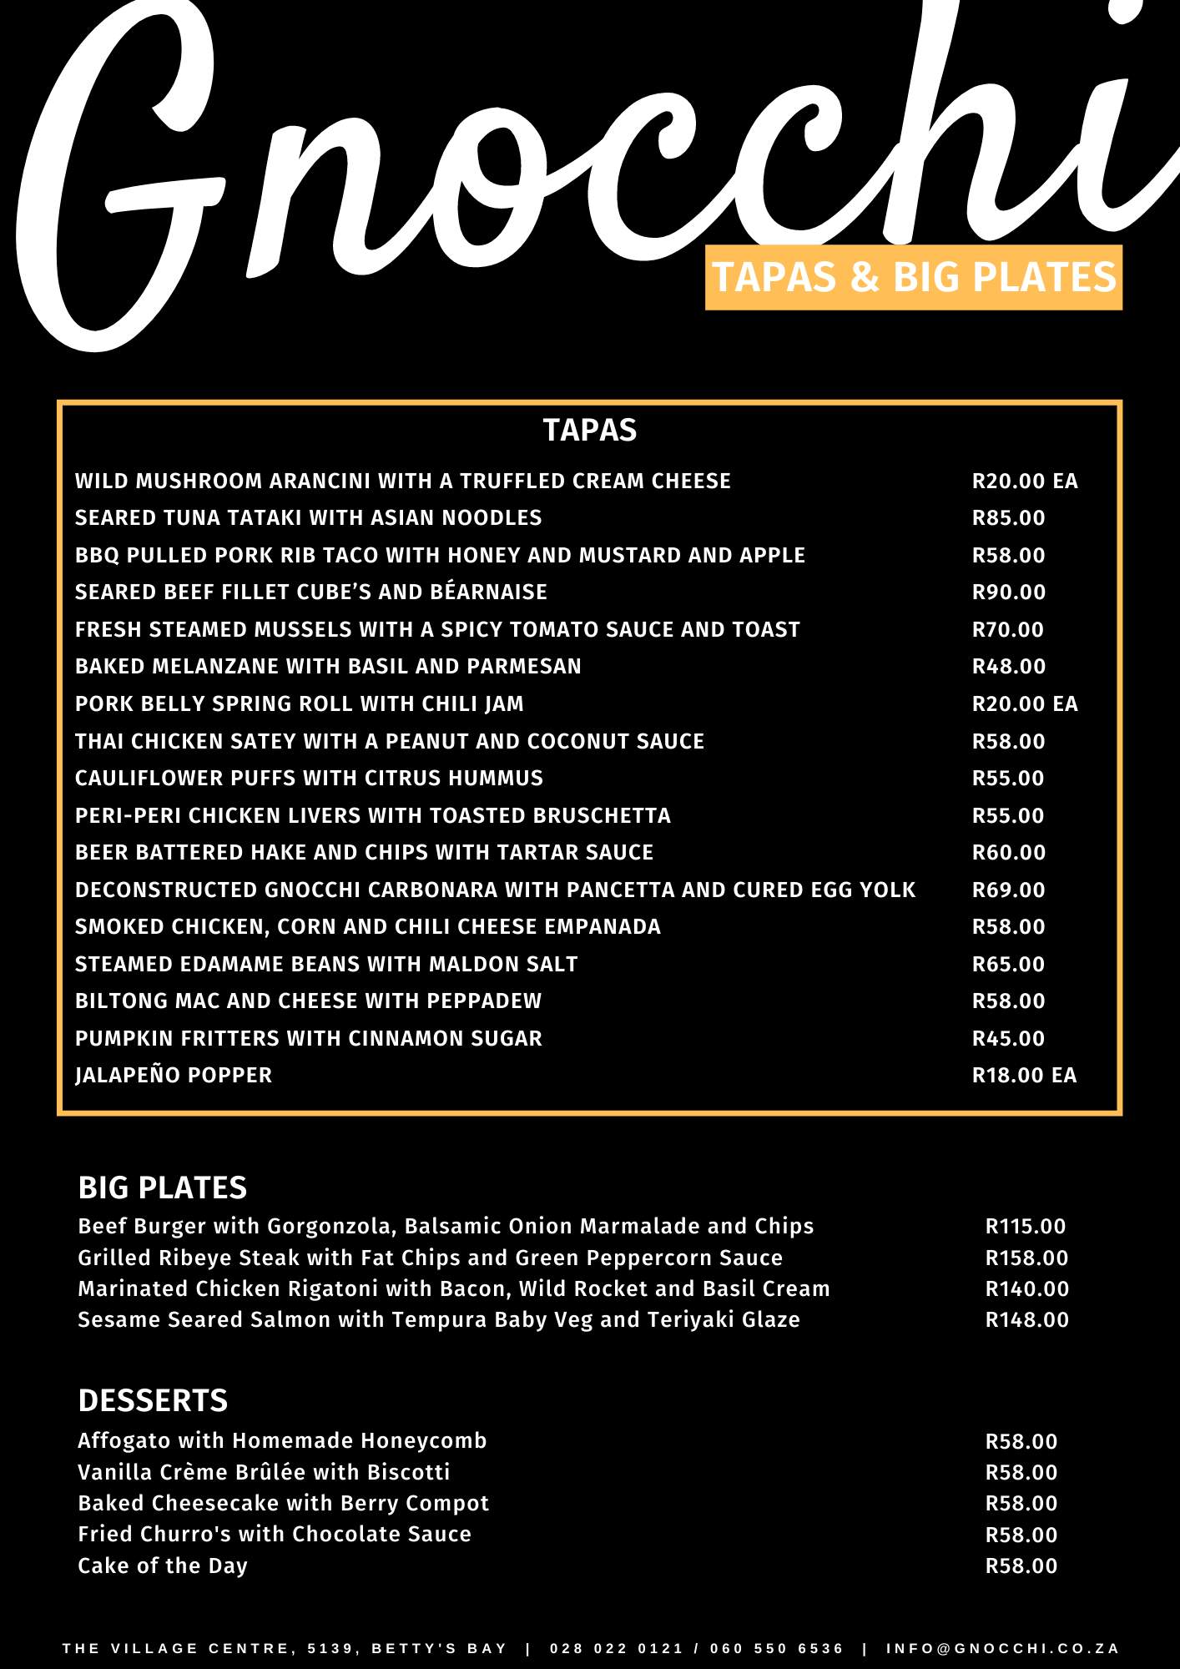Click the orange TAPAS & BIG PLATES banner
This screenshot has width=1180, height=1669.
[x=913, y=277]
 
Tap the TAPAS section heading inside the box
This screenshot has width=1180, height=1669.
[x=589, y=431]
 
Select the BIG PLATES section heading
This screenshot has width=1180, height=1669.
[x=163, y=1187]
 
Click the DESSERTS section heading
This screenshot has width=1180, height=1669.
[x=153, y=1400]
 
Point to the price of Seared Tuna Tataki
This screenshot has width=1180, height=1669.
[x=1008, y=518]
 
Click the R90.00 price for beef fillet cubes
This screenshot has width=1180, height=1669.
[x=1008, y=592]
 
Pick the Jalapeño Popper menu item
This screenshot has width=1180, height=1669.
[x=174, y=1076]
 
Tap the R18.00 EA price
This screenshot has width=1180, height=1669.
[x=1024, y=1076]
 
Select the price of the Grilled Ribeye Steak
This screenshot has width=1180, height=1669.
[x=1026, y=1258]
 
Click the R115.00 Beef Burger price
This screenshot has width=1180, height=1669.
[x=1025, y=1227]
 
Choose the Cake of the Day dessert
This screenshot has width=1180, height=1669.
[x=163, y=1566]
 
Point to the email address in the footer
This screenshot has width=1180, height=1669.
[x=1002, y=1649]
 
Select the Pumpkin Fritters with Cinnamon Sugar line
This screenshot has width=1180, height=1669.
[x=309, y=1039]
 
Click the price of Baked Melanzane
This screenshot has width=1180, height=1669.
[x=1008, y=667]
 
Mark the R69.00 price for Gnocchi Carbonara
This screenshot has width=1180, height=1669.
[x=1008, y=890]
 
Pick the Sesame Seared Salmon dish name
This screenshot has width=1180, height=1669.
[x=439, y=1320]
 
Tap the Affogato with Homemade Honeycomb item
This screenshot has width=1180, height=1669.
[x=282, y=1441]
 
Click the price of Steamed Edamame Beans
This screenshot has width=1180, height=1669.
[x=1008, y=965]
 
